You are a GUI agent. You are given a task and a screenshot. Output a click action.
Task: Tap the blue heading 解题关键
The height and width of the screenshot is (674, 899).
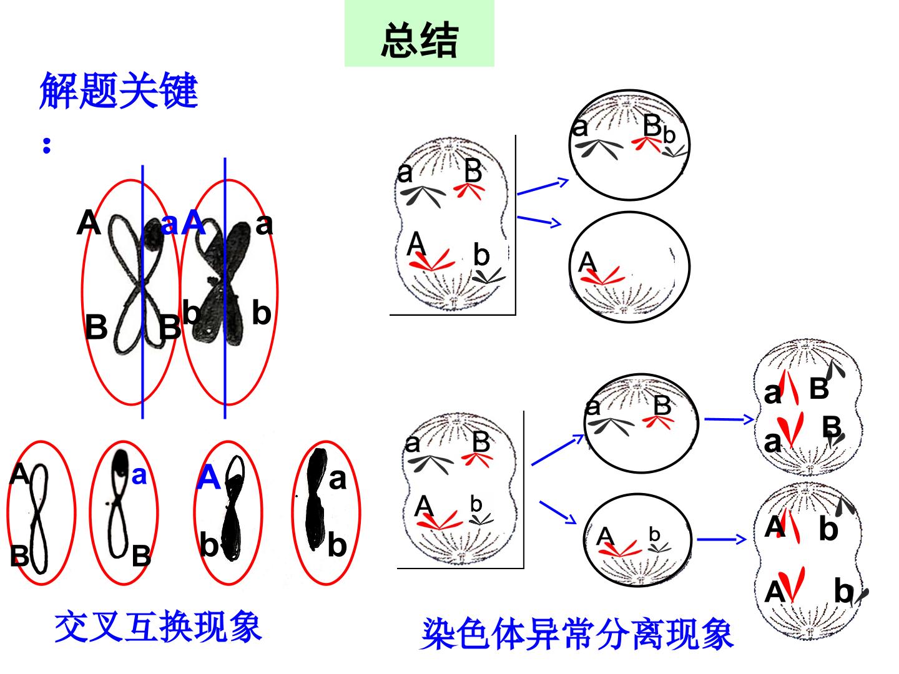119,90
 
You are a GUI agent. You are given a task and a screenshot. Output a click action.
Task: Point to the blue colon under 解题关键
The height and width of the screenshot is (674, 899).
47,145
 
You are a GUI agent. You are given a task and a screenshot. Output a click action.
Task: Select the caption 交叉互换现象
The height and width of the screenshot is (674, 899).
158,626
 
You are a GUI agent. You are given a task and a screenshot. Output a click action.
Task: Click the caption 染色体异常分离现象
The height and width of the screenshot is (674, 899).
576,633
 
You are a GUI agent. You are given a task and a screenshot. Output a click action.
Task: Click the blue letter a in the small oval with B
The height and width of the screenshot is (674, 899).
139,475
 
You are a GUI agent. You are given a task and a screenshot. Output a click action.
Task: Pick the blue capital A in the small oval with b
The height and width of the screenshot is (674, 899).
209,477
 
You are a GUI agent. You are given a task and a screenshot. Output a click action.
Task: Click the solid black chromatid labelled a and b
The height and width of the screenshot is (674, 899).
317,499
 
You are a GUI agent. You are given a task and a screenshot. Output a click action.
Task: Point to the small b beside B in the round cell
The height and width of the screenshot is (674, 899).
669,135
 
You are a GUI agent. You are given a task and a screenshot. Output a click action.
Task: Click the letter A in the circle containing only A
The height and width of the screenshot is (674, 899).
587,262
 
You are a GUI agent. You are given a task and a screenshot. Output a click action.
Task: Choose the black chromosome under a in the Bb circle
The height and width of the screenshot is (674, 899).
599,148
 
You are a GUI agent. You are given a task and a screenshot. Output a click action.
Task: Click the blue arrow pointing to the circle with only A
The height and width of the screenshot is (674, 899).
539,222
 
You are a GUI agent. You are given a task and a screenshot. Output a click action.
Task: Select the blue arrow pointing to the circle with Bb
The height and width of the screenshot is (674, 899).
543,186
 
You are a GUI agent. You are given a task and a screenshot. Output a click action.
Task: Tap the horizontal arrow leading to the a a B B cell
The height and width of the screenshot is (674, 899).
729,419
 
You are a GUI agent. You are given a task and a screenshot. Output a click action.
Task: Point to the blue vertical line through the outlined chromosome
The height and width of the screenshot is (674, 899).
142,292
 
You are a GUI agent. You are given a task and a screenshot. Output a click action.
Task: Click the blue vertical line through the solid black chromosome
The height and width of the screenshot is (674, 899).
225,288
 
